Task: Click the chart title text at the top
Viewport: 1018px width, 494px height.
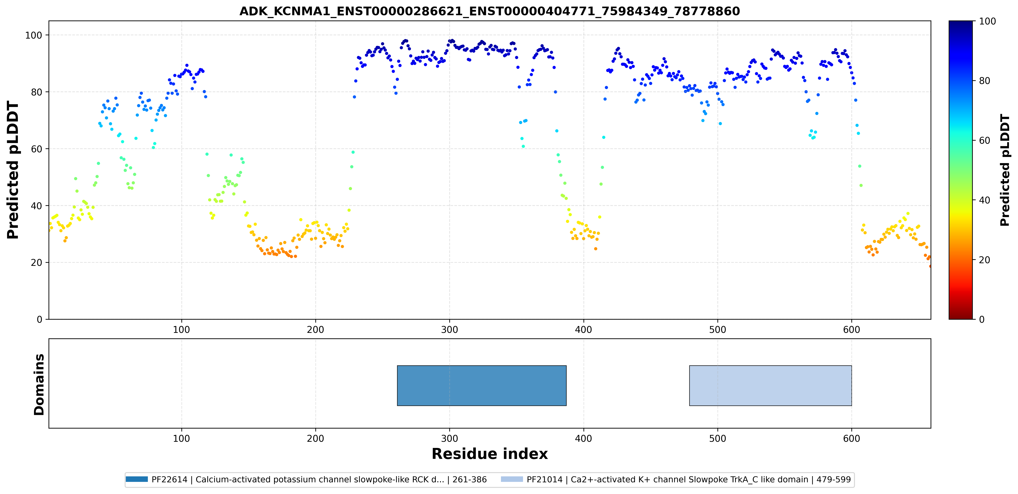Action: [490, 11]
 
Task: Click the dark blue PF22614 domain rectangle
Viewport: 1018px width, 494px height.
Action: [482, 385]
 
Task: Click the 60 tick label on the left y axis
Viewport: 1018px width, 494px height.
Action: [37, 149]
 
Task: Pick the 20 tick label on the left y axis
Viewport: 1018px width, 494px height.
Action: [37, 263]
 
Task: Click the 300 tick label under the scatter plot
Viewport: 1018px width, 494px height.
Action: [449, 330]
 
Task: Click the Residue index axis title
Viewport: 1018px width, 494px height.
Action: [490, 454]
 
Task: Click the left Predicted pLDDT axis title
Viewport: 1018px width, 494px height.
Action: [13, 170]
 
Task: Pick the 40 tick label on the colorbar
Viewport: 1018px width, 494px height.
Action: [984, 200]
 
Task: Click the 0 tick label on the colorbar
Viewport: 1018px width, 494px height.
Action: [982, 319]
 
